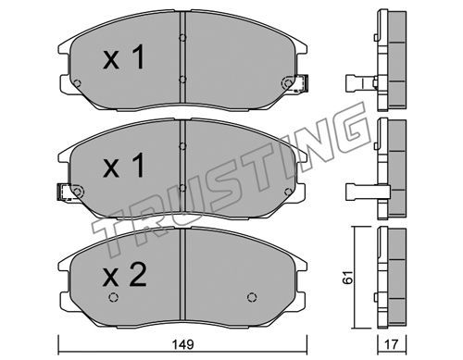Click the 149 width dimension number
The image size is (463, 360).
pos(183,344)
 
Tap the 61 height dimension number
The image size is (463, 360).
pos(348,278)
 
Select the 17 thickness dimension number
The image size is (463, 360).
pos(392,344)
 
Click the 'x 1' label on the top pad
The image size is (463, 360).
pos(124,57)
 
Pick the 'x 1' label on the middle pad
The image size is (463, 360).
pos(124,166)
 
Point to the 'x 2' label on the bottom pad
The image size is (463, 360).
pos(125,276)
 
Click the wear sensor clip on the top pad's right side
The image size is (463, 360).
pos(301,83)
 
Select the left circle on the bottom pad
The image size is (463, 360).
pos(113,297)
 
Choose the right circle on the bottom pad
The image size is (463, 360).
pos(252,297)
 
